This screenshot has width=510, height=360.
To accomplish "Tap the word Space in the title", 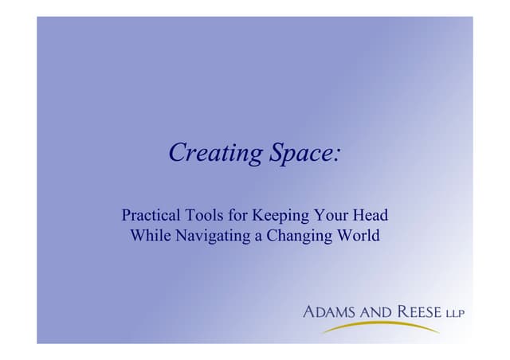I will pyautogui.click(x=300, y=152).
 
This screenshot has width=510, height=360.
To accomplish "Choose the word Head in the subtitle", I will pyautogui.click(x=370, y=215).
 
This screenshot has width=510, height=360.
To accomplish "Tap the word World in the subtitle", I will pyautogui.click(x=359, y=236).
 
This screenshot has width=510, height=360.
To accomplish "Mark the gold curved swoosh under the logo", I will pyautogui.click(x=382, y=327).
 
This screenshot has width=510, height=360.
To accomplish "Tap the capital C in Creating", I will pyautogui.click(x=177, y=152).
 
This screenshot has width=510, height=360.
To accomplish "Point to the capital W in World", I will pyautogui.click(x=344, y=236).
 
